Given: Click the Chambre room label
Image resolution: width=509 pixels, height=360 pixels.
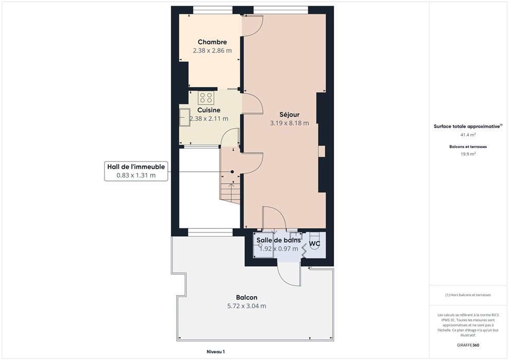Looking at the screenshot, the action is [213, 42].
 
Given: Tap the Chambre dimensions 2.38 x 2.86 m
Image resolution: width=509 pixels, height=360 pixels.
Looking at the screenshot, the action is [213, 50].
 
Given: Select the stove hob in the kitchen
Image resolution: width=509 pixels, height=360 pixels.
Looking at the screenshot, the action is [206, 98].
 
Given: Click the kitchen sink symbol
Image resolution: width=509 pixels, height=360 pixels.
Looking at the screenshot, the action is [185, 117].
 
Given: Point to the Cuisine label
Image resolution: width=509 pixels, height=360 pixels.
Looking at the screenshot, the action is [209, 110].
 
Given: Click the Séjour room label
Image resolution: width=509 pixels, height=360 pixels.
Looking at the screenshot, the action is [290, 115].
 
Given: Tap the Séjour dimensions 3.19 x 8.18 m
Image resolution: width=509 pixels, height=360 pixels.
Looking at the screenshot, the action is [290, 123].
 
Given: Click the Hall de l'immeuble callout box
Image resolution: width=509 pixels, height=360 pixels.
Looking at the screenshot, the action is [136, 171].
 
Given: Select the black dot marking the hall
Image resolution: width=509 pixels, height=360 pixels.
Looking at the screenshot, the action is [232, 172].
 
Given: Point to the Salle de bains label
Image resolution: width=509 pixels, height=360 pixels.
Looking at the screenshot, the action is [278, 240].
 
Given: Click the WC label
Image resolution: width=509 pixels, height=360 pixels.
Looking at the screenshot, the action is [314, 244].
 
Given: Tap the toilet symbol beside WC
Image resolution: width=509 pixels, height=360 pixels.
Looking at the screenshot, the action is [314, 241].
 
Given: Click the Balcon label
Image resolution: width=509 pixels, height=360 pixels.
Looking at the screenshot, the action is [247, 297].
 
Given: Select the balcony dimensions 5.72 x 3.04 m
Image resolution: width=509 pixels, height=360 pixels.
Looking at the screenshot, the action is [247, 306].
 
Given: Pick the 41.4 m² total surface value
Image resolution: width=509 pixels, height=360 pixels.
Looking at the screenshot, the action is [468, 134].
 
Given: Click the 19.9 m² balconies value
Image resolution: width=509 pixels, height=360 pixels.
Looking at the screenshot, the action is [468, 154].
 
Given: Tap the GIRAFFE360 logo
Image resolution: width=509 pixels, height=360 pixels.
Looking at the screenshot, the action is [468, 345].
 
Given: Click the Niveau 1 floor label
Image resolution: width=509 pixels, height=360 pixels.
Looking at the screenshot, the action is [216, 352].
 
